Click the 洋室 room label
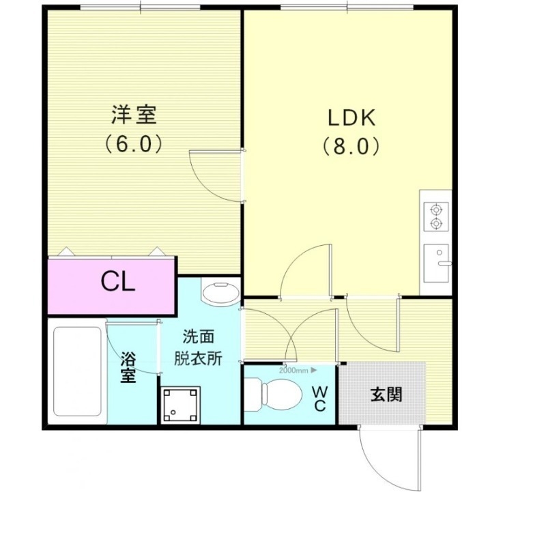[x=135, y=115]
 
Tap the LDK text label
[x=351, y=117]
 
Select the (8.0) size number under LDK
[x=351, y=146]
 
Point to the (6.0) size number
[x=134, y=144]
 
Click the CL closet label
[x=118, y=281]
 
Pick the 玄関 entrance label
[x=386, y=394]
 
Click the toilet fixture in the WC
[x=275, y=394]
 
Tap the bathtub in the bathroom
[x=77, y=372]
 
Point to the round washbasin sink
[x=220, y=293]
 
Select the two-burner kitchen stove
[x=436, y=216]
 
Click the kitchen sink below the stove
[x=436, y=261]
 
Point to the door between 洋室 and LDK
[x=217, y=175]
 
